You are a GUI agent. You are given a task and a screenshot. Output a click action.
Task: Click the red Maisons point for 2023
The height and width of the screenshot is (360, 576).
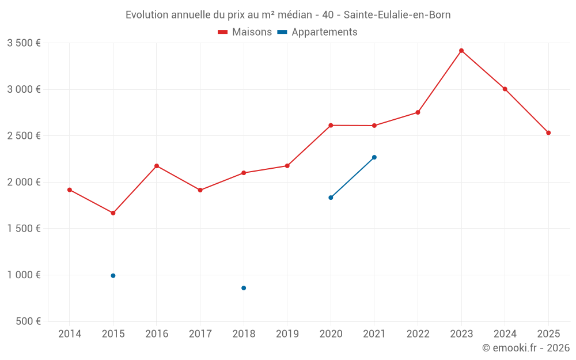461,51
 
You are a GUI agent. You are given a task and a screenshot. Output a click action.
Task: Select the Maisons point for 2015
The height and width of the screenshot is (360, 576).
113,213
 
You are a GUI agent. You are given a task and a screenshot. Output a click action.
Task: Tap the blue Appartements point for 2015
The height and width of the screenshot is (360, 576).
113,276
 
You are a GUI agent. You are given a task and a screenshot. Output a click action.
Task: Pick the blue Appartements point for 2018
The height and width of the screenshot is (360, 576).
244,288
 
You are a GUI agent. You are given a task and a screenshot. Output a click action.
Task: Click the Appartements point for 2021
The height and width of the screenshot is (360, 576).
374,157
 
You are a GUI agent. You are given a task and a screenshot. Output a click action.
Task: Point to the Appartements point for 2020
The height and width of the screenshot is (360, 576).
331,198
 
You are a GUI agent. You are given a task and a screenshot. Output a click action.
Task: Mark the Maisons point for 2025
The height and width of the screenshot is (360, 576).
548,133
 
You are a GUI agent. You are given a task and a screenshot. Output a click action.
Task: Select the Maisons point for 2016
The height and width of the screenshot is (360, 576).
157,166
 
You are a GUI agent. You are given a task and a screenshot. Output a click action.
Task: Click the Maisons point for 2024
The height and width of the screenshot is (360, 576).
505,89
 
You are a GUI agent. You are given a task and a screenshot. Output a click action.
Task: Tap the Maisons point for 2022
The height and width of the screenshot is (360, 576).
418,112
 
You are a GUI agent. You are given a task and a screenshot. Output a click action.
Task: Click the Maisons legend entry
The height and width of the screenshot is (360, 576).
245,32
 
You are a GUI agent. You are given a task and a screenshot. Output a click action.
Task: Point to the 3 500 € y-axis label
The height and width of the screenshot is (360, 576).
24,43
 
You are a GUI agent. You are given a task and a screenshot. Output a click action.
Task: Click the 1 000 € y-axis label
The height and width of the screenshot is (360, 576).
24,275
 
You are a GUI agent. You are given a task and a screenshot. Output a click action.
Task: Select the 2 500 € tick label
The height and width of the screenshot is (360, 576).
24,136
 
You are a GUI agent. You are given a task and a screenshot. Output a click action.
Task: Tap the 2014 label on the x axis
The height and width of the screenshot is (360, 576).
70,334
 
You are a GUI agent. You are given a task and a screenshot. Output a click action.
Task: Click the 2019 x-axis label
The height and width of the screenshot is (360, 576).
287,334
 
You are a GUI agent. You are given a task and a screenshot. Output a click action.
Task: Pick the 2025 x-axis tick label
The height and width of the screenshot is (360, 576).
548,334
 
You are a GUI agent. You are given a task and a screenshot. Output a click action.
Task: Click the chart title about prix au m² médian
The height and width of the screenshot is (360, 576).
288,15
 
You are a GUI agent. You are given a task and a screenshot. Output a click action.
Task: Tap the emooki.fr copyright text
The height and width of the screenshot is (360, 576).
526,348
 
